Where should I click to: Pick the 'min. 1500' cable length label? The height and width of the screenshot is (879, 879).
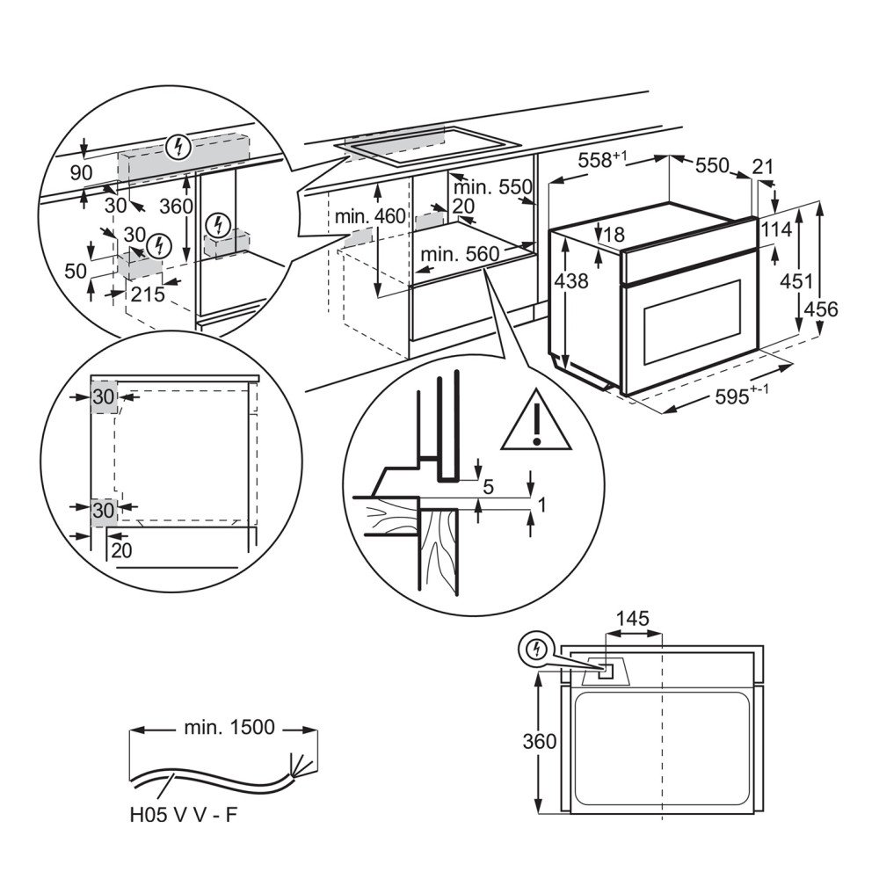pos(229,727)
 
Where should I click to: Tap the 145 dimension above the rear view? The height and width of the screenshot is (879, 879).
pos(632,619)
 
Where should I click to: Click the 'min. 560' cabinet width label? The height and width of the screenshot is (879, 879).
pos(459,255)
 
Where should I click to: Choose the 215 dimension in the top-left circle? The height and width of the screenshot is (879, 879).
pos(147,294)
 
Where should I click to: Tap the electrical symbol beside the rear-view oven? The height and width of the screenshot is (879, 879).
pos(534,650)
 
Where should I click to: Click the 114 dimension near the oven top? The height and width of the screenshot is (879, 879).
pos(778,229)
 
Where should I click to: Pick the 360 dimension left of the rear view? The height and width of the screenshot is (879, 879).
pos(540,741)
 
